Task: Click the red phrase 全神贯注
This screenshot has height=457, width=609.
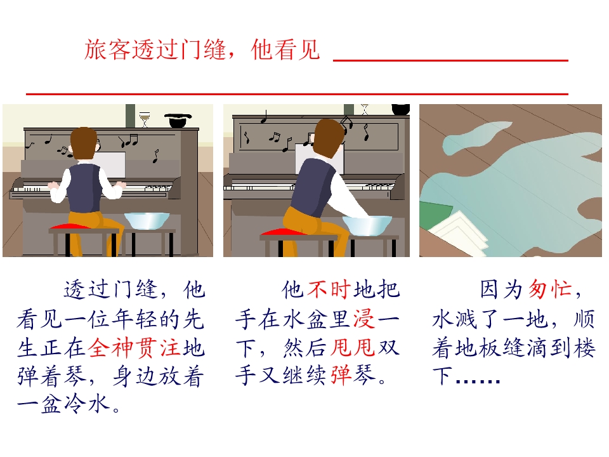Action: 134,347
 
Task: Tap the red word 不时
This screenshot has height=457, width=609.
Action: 329,289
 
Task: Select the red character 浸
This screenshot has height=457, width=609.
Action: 365,319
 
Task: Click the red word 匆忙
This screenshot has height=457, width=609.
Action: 550,289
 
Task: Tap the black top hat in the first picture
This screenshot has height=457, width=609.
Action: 178,120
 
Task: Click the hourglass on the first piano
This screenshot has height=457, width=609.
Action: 145,119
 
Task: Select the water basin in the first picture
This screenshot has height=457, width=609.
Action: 147,221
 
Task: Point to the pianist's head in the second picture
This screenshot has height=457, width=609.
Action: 329,137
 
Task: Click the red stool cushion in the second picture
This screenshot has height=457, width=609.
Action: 280,232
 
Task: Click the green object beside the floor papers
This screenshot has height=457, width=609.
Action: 435,216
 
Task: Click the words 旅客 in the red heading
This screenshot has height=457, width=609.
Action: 108,50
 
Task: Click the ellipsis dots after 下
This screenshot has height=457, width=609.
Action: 478,381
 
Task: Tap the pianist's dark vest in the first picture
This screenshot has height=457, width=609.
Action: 84,188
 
